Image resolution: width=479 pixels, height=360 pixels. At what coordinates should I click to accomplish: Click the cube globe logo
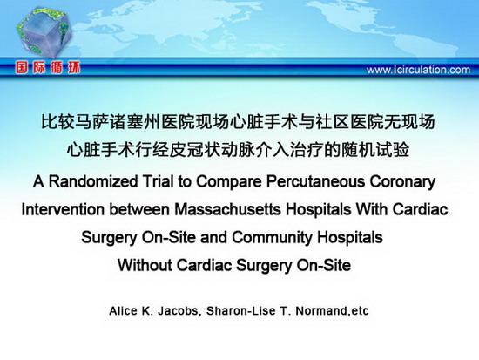tap(44, 31)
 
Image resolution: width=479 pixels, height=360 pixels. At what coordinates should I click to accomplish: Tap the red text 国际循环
tap(48, 67)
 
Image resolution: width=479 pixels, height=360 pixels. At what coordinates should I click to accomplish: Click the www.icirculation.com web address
tap(418, 70)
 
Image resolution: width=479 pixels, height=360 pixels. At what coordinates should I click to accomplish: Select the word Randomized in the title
tap(93, 181)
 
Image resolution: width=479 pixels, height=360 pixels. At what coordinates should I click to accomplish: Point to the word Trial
tap(159, 181)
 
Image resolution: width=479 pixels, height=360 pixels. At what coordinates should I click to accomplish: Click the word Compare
tap(229, 182)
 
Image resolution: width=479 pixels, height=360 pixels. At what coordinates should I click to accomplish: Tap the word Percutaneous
tap(316, 181)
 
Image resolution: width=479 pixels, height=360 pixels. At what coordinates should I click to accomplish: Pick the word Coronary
tap(402, 182)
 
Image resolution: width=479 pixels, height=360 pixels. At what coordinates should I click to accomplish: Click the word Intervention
tap(63, 209)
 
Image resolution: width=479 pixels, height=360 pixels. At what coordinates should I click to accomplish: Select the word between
tap(139, 209)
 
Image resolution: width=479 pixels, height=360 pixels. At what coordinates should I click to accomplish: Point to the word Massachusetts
tap(227, 209)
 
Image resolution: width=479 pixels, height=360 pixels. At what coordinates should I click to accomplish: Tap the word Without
tap(145, 265)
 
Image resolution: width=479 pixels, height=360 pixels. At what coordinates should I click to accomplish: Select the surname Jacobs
tap(179, 311)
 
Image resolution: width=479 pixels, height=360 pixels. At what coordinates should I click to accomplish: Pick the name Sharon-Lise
tap(240, 311)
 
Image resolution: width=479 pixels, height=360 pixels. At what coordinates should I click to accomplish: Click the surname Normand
tap(322, 311)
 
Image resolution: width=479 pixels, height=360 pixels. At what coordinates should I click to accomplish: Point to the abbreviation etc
tap(361, 311)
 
